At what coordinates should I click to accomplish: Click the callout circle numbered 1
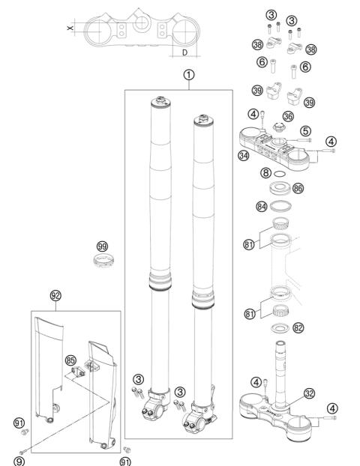point(189,75)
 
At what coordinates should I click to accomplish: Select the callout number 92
point(55,296)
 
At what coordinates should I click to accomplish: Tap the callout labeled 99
point(102,246)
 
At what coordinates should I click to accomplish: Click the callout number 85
point(70,361)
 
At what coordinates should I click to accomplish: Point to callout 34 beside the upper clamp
point(244,155)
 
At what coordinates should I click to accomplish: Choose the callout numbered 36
point(288,116)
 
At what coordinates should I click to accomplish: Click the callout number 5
point(305,131)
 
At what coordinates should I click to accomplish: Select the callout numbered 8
point(265,172)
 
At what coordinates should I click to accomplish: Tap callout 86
point(298,188)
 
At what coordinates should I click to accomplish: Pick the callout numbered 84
point(262,206)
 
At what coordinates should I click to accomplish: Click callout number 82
point(298,328)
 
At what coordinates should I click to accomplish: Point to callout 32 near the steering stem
point(310,393)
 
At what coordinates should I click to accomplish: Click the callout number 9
point(19,462)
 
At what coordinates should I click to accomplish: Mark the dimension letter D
point(185,52)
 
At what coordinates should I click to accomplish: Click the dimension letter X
point(70,28)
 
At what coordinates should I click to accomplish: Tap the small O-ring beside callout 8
point(280,173)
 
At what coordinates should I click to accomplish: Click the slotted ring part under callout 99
point(103,260)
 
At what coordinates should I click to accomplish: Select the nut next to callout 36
point(279,127)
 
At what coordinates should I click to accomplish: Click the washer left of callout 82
point(280,328)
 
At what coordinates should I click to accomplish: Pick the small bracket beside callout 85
point(78,372)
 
